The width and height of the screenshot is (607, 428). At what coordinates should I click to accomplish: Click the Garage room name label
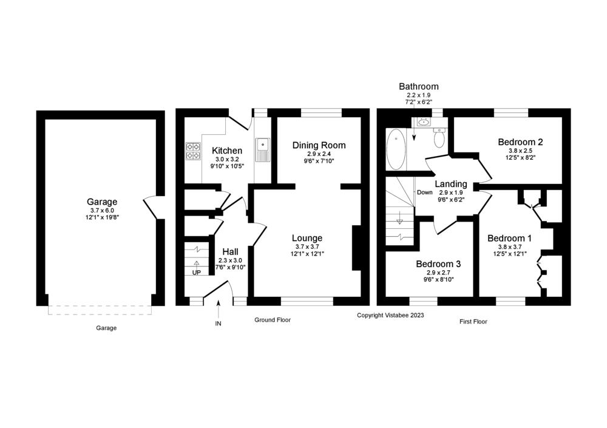(x=101, y=202)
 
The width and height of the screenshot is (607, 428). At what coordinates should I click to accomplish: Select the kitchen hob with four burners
(x=193, y=151)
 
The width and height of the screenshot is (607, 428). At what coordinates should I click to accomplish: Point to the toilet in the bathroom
(x=439, y=139)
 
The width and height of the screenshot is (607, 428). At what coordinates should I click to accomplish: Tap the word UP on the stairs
(x=197, y=273)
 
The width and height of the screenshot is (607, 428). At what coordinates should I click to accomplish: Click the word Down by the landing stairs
(x=424, y=192)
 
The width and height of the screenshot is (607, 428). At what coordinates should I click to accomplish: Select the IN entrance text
(x=219, y=324)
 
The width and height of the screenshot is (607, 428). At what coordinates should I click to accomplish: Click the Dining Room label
(x=319, y=145)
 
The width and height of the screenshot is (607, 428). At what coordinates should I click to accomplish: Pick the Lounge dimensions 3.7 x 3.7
(x=307, y=246)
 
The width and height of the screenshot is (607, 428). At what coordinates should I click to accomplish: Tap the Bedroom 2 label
(x=520, y=142)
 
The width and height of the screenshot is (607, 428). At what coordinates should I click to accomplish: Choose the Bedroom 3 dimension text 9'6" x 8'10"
(x=438, y=280)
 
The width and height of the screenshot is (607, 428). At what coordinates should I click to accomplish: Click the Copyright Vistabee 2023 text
(x=390, y=315)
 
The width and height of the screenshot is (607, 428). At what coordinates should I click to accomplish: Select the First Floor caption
(x=473, y=322)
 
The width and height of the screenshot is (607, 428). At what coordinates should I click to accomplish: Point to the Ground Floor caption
(x=272, y=319)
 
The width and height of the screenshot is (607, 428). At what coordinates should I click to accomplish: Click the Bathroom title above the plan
(x=418, y=87)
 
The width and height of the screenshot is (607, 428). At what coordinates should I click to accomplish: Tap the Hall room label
(x=230, y=252)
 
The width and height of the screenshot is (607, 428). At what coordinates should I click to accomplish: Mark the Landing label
(x=451, y=184)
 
